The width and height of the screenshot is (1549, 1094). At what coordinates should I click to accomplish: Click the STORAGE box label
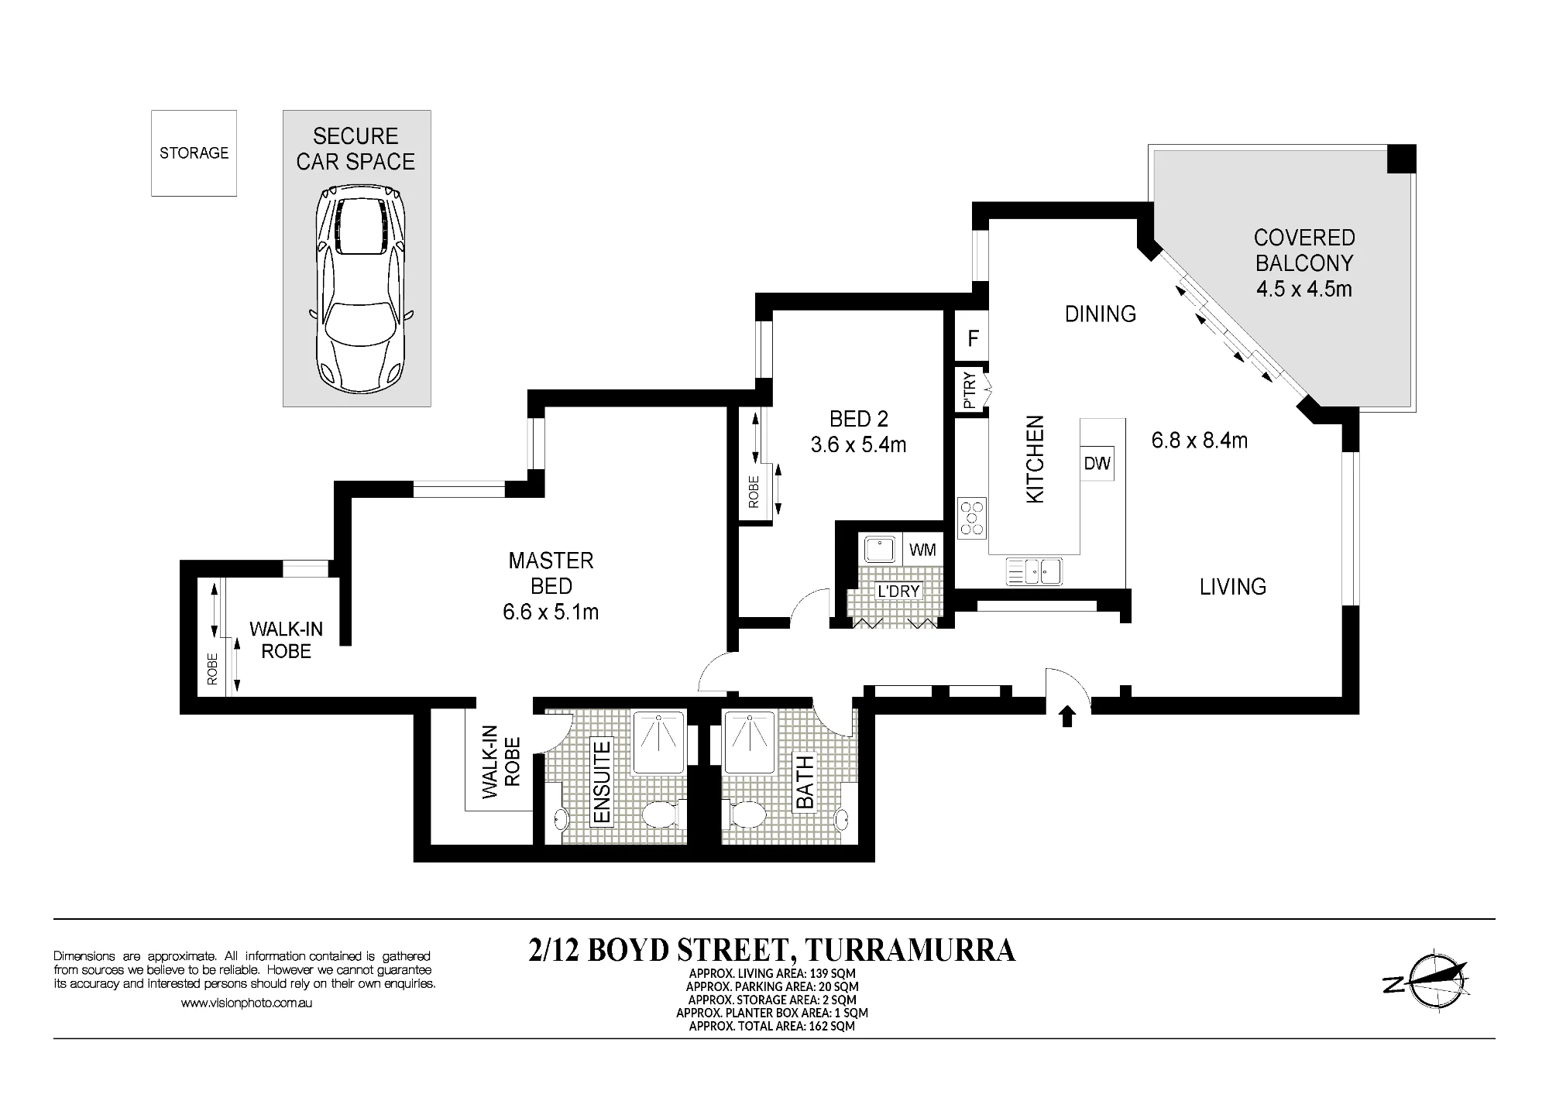194,153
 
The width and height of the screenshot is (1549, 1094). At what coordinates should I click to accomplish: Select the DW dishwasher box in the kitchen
1097,463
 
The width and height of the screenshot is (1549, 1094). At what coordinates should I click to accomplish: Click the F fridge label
974,338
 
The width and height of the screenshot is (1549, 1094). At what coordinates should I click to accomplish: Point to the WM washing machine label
922,550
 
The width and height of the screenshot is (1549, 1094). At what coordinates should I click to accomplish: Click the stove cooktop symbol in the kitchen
972,517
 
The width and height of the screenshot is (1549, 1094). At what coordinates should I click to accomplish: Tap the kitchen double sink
1035,571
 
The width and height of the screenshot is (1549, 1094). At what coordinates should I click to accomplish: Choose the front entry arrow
1067,716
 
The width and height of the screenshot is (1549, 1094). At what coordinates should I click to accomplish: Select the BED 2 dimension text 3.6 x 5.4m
858,445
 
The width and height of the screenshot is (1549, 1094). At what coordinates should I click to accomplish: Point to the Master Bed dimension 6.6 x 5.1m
551,612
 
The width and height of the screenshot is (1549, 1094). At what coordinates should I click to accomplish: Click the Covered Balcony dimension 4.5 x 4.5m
1304,289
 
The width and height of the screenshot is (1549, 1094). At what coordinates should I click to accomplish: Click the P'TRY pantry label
969,391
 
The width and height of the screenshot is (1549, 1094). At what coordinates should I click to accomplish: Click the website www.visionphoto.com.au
246,1003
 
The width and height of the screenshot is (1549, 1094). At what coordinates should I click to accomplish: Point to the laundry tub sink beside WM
880,550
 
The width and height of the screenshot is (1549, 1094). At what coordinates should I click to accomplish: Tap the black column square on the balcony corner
1401,159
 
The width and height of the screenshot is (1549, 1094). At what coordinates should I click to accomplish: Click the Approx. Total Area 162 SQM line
771,1026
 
